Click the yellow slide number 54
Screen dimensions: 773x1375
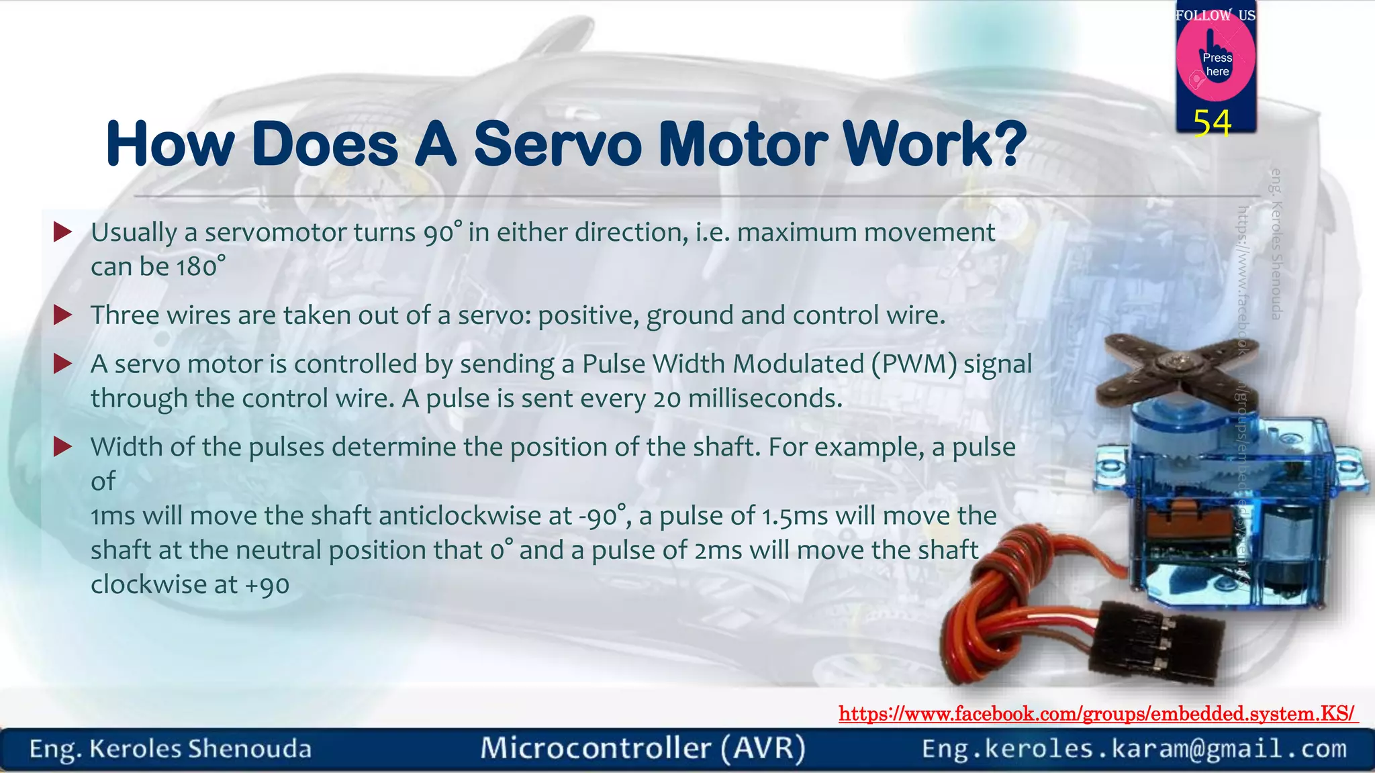pos(1213,123)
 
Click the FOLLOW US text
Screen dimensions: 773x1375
pos(1215,15)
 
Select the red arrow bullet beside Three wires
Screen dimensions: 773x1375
pos(62,315)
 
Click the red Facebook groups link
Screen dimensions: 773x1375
pos(1097,713)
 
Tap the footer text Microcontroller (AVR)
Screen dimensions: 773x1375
pos(643,748)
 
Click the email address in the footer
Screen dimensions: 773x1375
pos(1134,748)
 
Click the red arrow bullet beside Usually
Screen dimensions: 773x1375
pos(62,233)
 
